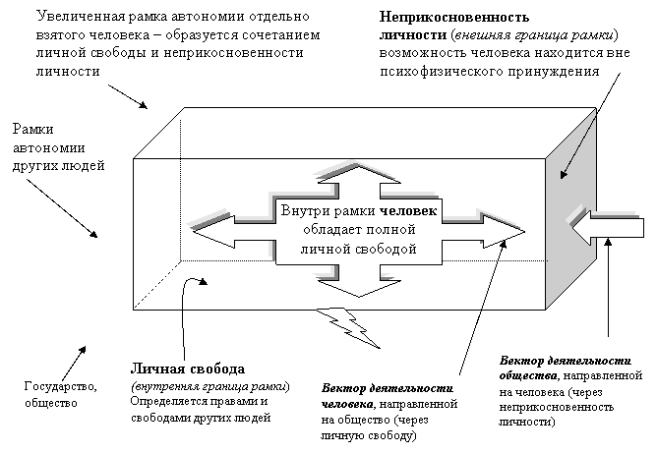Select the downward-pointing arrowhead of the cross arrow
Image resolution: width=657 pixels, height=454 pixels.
click(358, 287)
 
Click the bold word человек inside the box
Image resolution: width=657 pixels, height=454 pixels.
click(407, 210)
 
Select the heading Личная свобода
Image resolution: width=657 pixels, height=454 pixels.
click(187, 369)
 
